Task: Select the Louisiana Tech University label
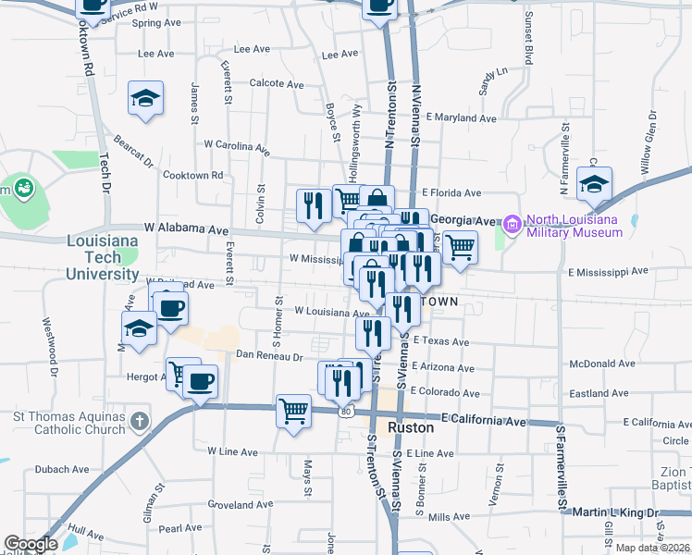[x=103, y=257]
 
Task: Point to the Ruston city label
[x=410, y=428]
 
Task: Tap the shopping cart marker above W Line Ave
[x=294, y=409]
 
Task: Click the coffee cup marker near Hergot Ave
[x=200, y=380]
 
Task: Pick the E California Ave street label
[x=483, y=421]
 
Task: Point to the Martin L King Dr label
[x=615, y=512]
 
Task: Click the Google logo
[x=31, y=544]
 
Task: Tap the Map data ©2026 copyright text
[x=652, y=548]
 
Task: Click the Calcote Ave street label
[x=277, y=84]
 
